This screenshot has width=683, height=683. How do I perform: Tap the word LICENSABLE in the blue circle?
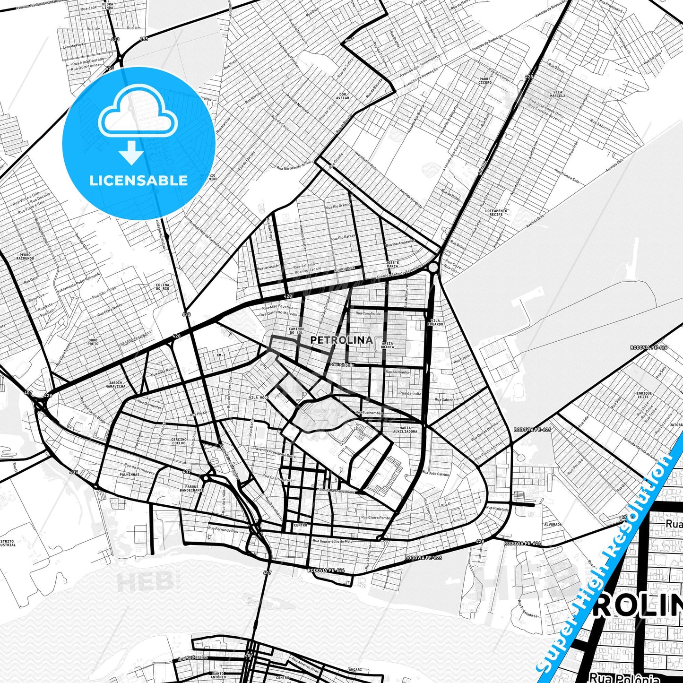(138, 180)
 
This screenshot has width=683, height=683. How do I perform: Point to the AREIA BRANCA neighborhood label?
(387, 346)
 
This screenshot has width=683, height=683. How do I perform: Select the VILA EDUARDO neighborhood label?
(435, 322)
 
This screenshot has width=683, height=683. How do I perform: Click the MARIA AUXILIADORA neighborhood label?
(405, 430)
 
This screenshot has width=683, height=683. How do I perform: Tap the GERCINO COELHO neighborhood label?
(179, 441)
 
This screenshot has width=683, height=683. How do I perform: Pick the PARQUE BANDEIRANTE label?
(191, 488)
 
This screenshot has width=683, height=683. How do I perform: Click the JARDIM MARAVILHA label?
(116, 384)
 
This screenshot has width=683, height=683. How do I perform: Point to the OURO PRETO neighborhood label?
(93, 342)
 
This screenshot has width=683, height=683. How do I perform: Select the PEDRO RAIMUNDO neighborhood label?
(25, 257)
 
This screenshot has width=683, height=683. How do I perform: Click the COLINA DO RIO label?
(163, 287)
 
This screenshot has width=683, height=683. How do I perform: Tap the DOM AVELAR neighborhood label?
(343, 96)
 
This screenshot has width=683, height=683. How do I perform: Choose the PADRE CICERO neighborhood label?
(485, 81)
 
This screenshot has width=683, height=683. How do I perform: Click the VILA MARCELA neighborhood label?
(558, 94)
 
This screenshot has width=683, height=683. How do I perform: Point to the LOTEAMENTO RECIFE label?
(496, 213)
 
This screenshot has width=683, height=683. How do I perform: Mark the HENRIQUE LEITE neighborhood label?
(643, 395)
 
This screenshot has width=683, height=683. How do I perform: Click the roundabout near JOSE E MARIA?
(433, 268)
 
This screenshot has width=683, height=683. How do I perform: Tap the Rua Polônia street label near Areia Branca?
(342, 365)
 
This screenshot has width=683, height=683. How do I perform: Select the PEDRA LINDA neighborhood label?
(107, 6)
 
